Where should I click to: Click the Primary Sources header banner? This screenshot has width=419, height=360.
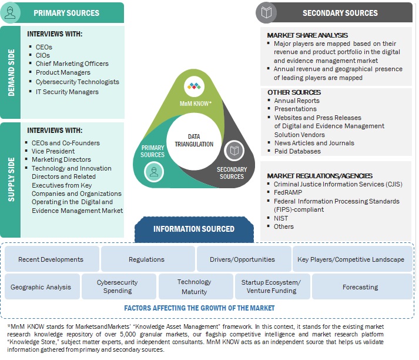coord(74,12)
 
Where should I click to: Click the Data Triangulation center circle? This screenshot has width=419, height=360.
coord(193,140)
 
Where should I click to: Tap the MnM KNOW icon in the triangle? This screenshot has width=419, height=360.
coord(193,87)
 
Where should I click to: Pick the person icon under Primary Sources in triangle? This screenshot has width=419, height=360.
coord(153,172)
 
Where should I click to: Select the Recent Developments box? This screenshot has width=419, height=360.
coord(51,259)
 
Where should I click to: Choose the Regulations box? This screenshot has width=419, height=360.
coord(147,259)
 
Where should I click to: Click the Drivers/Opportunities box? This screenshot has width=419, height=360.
coord(242,259)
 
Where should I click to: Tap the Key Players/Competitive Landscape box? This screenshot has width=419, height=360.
coord(351,259)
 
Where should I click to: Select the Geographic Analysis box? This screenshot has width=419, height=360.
coord(41,287)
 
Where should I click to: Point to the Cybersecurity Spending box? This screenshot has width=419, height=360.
coord(118,287)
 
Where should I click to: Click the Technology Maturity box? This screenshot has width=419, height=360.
coord(195,287)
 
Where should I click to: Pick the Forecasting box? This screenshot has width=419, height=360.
coord(360,287)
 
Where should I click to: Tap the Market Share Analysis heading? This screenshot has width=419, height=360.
coord(307,35)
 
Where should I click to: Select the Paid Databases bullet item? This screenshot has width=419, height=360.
coord(297,151)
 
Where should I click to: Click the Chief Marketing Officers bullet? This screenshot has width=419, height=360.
coord(72,64)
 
